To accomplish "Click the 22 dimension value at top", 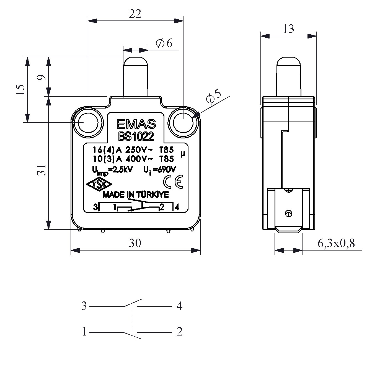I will [135, 14].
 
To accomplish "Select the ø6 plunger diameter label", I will [164, 43].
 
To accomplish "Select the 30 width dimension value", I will [135, 243].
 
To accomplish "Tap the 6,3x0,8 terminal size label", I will [336, 243].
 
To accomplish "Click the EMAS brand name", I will [136, 125].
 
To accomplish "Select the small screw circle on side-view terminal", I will [288, 213].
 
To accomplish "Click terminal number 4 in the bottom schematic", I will [179, 306].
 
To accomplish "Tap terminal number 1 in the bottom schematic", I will [84, 331].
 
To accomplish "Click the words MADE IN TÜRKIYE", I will [136, 195].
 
